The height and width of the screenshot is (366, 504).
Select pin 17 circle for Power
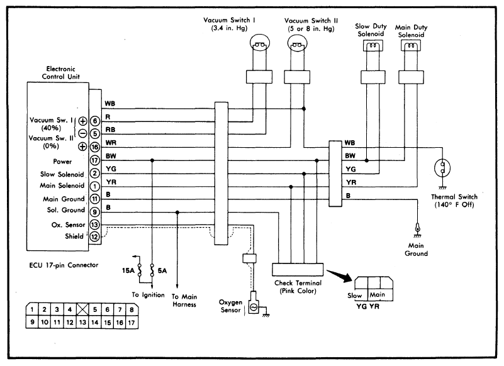(95, 160)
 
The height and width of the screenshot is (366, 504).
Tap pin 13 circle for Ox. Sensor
(95, 225)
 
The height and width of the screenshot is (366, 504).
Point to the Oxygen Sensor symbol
(253, 308)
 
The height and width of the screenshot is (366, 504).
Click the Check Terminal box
(298, 269)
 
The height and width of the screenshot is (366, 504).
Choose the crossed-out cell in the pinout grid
(80, 310)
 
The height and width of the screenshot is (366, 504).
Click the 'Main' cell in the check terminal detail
(377, 294)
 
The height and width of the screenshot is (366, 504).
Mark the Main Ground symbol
(416, 226)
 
